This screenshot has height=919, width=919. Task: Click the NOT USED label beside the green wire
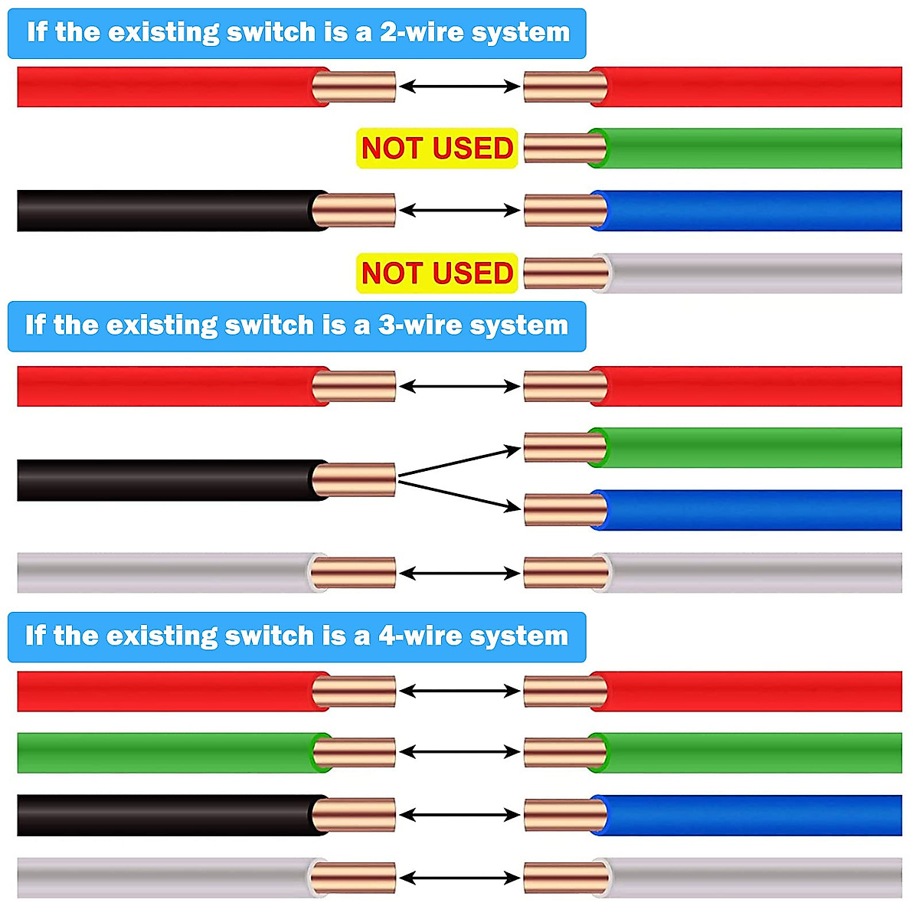coord(437,148)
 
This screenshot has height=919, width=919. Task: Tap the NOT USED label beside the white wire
coord(437,273)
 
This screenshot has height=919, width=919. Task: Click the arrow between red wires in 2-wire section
coord(459,87)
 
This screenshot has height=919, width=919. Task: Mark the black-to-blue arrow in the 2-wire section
coord(459,211)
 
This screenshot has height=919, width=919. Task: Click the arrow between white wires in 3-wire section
coord(459,573)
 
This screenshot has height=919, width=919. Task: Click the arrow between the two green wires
coord(459,752)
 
